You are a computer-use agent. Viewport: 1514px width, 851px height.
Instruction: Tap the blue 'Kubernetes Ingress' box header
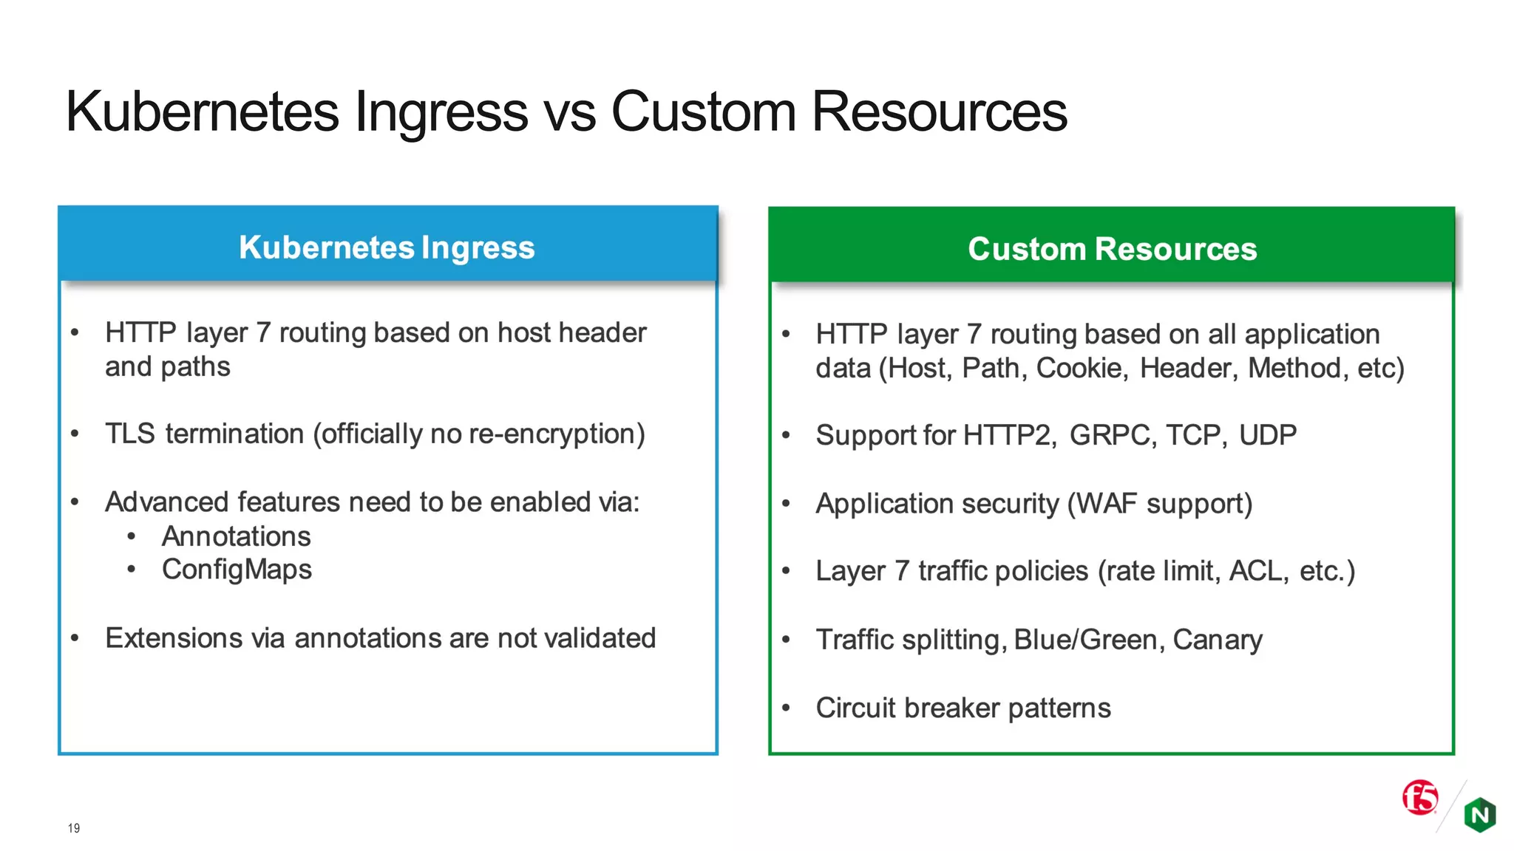point(387,246)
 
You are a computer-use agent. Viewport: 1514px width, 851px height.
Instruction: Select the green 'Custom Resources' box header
point(1112,248)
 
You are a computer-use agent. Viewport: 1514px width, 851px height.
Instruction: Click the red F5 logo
point(1420,798)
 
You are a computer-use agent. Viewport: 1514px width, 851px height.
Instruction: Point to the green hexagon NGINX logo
point(1480,815)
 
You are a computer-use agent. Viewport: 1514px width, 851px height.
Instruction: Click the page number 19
point(74,828)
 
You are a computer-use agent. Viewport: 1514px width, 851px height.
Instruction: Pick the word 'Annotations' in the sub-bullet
point(237,536)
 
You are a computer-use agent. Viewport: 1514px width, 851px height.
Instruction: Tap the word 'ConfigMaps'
point(237,570)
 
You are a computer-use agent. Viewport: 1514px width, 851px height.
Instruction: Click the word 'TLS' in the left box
point(129,434)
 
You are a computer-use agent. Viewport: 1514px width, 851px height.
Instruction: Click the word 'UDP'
point(1267,435)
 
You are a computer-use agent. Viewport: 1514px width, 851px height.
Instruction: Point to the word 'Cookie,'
point(1082,368)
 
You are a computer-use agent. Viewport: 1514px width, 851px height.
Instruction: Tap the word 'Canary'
point(1217,640)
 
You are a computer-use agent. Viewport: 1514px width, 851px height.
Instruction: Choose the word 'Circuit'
point(855,708)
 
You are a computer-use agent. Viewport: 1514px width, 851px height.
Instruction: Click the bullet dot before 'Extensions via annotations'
point(75,638)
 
